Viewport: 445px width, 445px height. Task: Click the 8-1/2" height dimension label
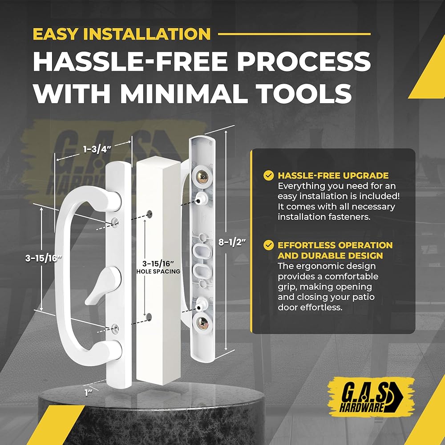(x=232, y=243)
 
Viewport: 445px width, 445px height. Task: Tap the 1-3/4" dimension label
(x=97, y=149)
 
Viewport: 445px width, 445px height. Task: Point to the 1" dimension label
(x=87, y=393)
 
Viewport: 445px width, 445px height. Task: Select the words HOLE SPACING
(x=158, y=271)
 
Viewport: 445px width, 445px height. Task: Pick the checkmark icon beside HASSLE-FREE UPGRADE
(x=268, y=175)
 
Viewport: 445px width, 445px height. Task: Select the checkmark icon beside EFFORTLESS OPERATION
(x=268, y=245)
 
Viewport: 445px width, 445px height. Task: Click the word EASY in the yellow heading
(x=55, y=34)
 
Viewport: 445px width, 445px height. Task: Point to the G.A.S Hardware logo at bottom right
(x=371, y=397)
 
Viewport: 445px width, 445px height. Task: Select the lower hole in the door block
(x=149, y=317)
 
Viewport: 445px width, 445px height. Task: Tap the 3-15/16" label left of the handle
(x=43, y=258)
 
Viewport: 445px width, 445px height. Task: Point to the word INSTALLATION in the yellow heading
(x=147, y=34)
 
